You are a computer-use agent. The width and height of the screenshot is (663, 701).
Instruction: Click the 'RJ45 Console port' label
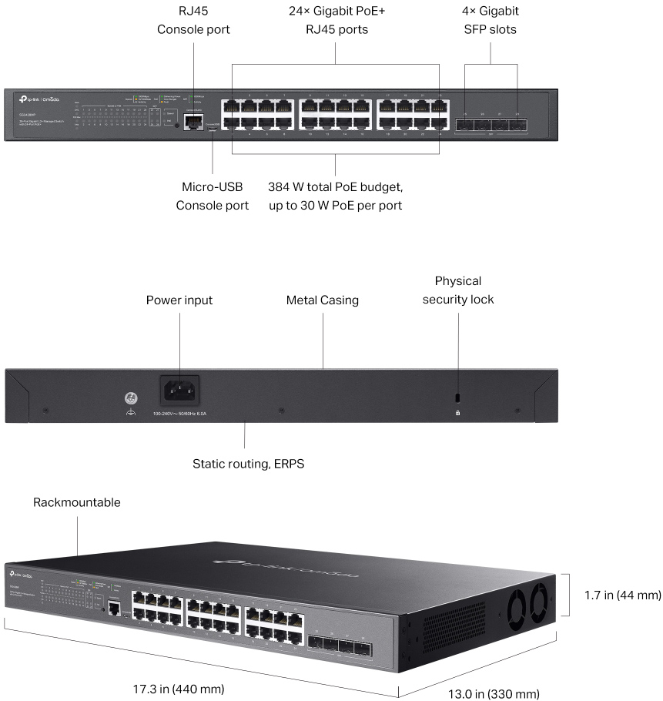click(193, 21)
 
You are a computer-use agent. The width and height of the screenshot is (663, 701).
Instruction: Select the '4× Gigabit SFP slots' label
click(491, 21)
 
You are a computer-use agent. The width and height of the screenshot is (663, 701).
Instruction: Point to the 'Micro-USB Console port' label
click(212, 196)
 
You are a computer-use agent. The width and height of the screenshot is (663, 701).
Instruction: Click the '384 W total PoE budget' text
click(335, 187)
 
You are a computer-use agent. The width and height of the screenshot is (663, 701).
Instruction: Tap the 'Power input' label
click(179, 300)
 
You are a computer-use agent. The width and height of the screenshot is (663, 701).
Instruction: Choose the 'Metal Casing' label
click(322, 300)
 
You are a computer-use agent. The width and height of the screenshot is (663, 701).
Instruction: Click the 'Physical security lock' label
click(458, 290)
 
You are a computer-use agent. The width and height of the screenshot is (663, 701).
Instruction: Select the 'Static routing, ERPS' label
click(244, 465)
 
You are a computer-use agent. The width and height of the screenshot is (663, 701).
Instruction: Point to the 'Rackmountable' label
click(77, 502)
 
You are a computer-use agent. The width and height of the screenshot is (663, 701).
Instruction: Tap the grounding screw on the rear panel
click(131, 398)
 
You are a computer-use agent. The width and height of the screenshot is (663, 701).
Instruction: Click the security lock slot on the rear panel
click(458, 397)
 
